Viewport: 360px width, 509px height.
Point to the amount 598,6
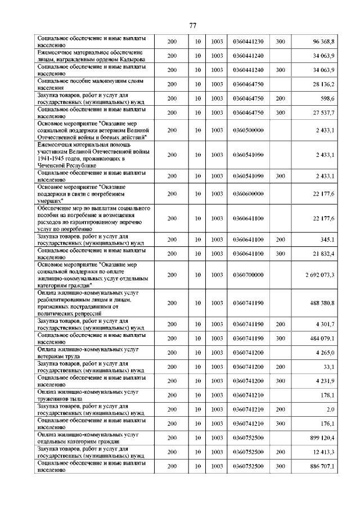pos(327,98)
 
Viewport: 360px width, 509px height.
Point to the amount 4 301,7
pos(325,325)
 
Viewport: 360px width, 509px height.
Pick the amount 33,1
pos(328,367)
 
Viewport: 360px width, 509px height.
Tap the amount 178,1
pos(327,395)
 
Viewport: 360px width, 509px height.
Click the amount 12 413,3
pos(323,452)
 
